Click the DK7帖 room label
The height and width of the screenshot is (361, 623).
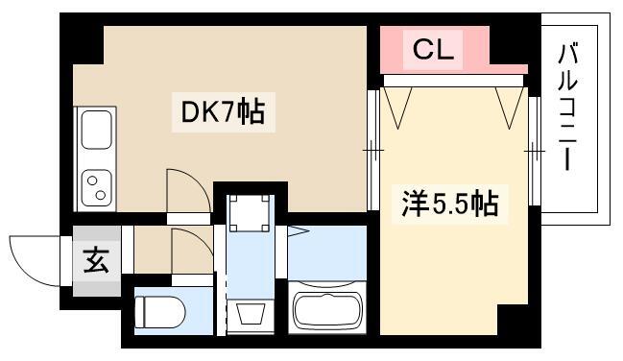(x=223, y=112)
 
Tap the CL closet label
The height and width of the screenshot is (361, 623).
(x=433, y=50)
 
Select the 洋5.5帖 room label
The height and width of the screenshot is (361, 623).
(x=450, y=204)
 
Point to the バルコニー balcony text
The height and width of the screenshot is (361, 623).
(x=567, y=108)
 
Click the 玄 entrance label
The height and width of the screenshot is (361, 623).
(x=97, y=260)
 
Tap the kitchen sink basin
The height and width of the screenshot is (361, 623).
(x=97, y=130)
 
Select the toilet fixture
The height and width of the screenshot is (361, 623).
(x=160, y=312)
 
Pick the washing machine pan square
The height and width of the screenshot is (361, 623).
(x=250, y=213)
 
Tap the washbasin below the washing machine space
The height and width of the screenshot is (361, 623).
(x=251, y=314)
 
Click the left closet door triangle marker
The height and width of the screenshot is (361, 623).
(x=398, y=108)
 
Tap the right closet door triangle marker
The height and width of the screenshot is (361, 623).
(x=510, y=108)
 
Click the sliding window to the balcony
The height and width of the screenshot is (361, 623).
(x=535, y=151)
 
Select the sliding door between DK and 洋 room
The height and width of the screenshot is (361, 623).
(x=372, y=150)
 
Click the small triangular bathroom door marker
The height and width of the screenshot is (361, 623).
(x=298, y=231)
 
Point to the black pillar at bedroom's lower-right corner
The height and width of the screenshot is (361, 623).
(x=513, y=320)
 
